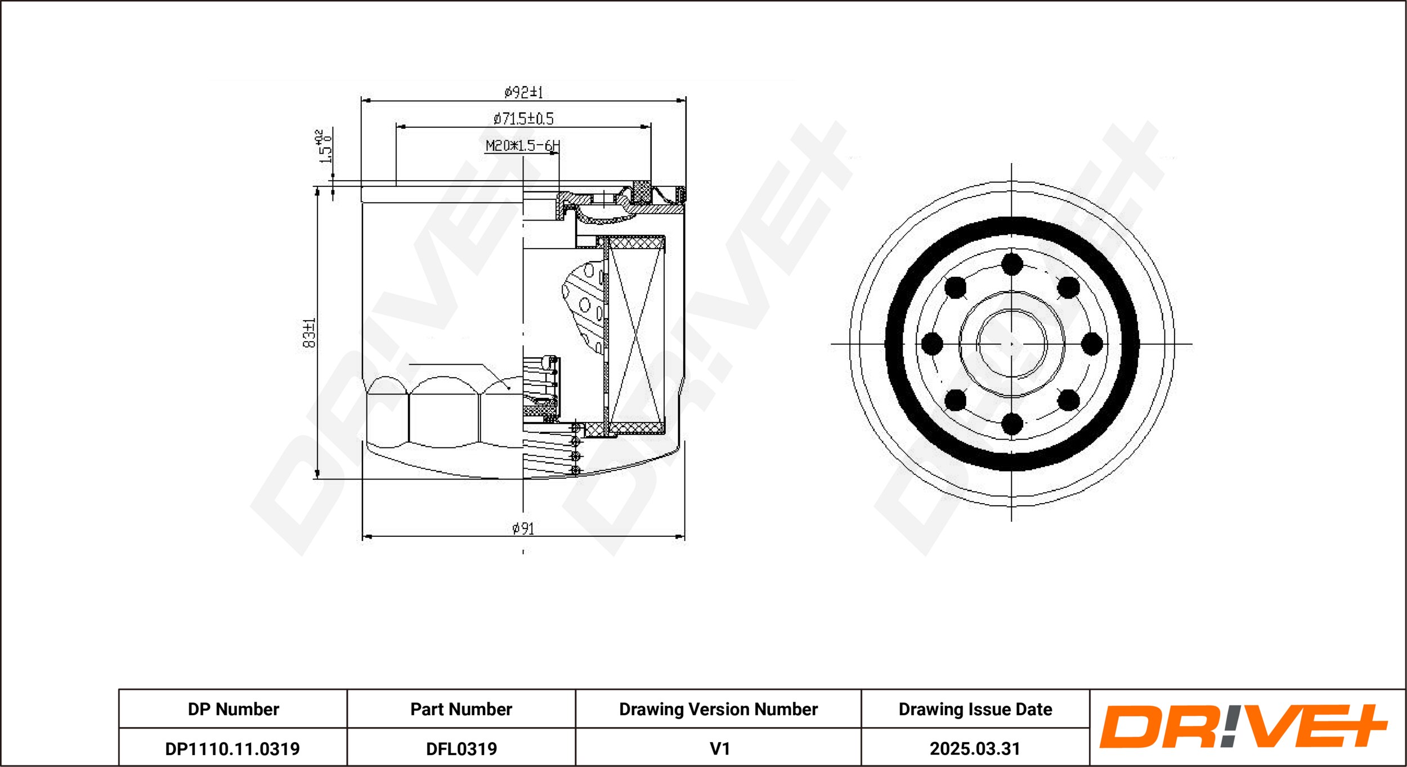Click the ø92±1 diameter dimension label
pyautogui.click(x=523, y=92)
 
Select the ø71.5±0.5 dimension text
pyautogui.click(x=523, y=118)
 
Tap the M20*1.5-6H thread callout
pyautogui.click(x=522, y=146)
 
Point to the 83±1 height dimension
pyautogui.click(x=310, y=333)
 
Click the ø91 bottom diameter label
pyautogui.click(x=523, y=528)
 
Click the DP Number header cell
pyautogui.click(x=233, y=709)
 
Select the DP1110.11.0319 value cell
pyautogui.click(x=232, y=749)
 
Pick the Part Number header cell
pyautogui.click(x=461, y=709)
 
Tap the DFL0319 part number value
pyautogui.click(x=461, y=749)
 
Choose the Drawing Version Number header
pyautogui.click(x=718, y=709)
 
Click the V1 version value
pyautogui.click(x=719, y=749)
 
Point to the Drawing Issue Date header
pyautogui.click(x=975, y=709)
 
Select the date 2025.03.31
pyautogui.click(x=975, y=749)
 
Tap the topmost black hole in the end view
pyautogui.click(x=1012, y=264)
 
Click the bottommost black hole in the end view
pyautogui.click(x=1012, y=424)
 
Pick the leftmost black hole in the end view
pyautogui.click(x=932, y=344)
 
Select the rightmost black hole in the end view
pyautogui.click(x=1092, y=344)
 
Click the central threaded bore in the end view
pyautogui.click(x=1012, y=344)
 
